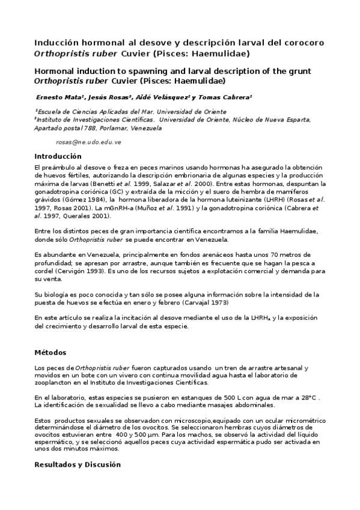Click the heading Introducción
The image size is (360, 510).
point(58,156)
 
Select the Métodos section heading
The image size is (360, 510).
point(50,352)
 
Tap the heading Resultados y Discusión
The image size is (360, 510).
point(78,464)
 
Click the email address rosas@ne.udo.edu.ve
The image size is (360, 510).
point(88,142)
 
